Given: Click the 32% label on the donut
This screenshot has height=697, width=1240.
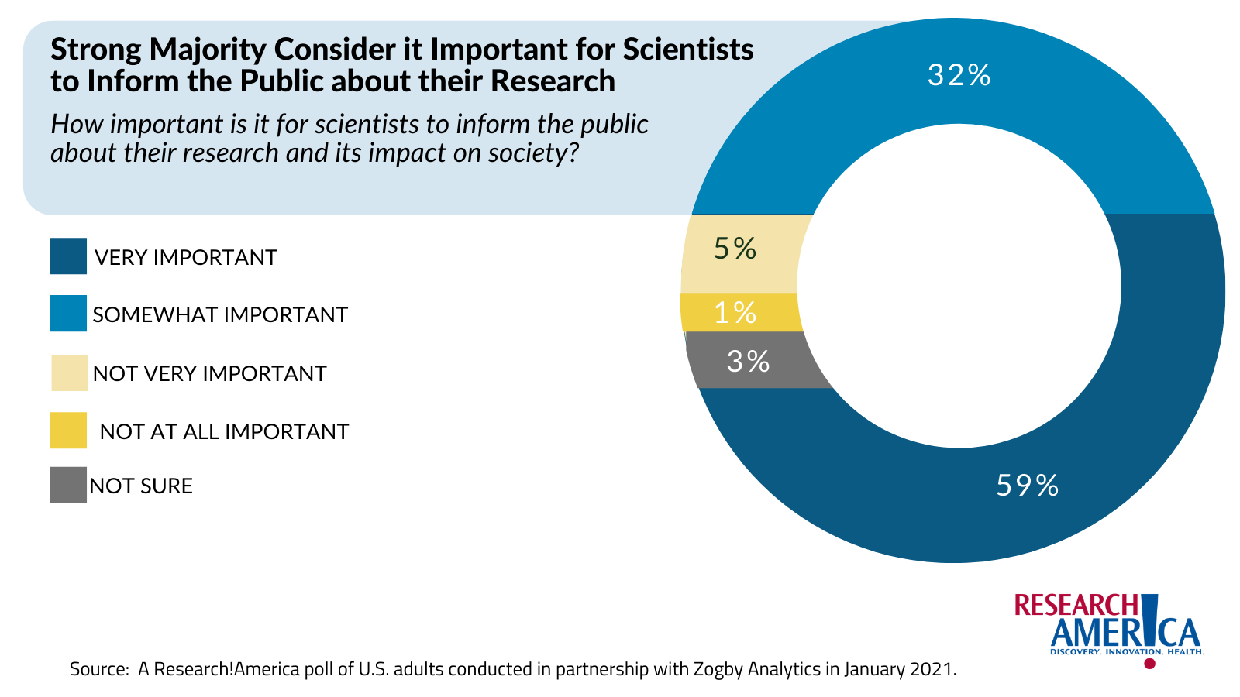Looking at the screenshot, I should point(959,75).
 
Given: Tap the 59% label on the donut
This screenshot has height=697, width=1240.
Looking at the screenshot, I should point(1027,486).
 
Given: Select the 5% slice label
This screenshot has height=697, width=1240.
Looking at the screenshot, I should point(735,249).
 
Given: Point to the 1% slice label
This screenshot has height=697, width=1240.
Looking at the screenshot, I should point(735,313).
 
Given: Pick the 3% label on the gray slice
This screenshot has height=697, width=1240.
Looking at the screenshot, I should point(748,361).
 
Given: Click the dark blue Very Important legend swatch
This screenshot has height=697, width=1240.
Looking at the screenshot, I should point(68,256).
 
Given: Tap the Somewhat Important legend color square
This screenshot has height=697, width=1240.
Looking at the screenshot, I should point(68,314).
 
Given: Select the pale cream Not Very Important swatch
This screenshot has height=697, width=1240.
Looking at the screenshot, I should point(68,373).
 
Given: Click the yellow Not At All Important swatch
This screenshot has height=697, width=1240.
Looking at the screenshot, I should point(68,431).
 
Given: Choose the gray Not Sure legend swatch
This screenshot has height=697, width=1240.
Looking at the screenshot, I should point(68,486).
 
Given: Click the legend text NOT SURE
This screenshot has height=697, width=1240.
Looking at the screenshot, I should point(141,486).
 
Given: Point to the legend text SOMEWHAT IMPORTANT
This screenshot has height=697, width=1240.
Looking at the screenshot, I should point(220,315).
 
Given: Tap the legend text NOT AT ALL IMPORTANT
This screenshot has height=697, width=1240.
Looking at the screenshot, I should point(225,431).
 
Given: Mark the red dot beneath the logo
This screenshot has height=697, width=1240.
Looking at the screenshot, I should point(1149,664).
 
